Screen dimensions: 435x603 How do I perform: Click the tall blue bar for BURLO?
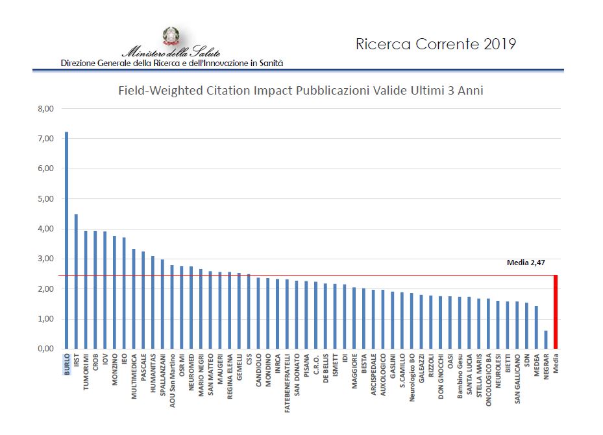[66, 240]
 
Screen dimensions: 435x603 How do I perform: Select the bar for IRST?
[76, 281]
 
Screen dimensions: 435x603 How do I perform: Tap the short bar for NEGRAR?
[546, 339]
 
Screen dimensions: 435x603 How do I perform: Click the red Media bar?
[556, 312]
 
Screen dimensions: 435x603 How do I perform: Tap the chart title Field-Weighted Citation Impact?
[301, 91]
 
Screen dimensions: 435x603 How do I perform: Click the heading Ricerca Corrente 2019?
[436, 44]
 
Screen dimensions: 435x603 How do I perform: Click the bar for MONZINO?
[114, 292]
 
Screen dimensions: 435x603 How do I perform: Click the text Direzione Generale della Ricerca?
[171, 64]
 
